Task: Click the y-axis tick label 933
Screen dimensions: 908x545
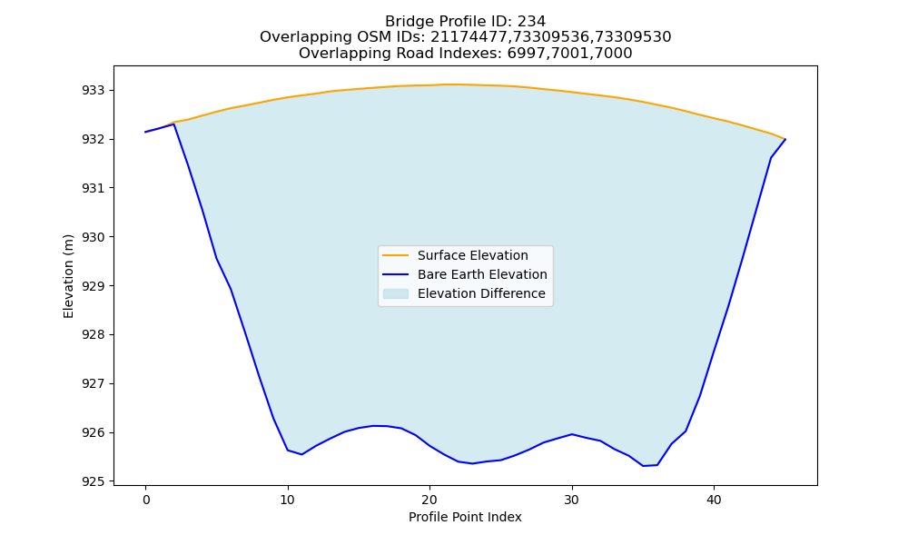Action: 94,90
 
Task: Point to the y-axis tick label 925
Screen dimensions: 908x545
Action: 94,481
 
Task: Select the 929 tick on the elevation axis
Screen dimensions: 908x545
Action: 94,286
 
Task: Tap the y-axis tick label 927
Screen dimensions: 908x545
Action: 94,384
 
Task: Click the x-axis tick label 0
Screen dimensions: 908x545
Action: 146,500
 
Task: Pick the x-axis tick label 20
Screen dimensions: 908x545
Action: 429,500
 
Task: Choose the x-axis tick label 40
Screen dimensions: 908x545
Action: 714,500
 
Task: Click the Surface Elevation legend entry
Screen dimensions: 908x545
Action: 472,255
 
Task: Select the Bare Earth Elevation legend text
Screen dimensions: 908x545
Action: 482,274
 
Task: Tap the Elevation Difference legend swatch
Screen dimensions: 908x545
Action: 396,293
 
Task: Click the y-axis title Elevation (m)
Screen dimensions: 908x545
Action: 68,276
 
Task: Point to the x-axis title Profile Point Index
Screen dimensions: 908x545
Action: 465,517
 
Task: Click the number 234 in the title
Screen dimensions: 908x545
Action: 531,22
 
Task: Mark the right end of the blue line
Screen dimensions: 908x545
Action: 785,139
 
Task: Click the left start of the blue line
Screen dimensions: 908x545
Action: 145,132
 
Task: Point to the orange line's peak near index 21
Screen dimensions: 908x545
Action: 444,84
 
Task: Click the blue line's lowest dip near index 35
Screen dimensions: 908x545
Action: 643,466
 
